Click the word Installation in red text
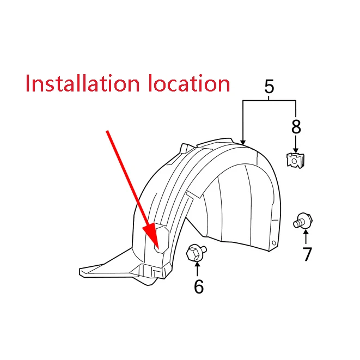[x=83, y=83]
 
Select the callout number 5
[x=269, y=87]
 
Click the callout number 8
[x=296, y=126]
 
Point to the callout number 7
[x=307, y=254]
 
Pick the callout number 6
[x=199, y=286]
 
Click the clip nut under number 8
[x=296, y=160]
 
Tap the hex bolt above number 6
[x=196, y=253]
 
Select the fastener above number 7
[x=303, y=221]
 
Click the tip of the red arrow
[x=158, y=249]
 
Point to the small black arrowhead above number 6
[x=197, y=265]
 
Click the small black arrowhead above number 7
[x=306, y=231]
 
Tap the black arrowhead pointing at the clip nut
[x=296, y=150]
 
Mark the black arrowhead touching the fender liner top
[x=243, y=142]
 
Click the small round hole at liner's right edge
[x=273, y=243]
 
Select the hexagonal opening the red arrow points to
[x=162, y=240]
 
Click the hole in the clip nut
[x=295, y=161]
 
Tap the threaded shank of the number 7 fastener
[x=297, y=223]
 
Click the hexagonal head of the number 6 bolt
[x=192, y=254]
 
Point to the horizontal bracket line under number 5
[x=269, y=100]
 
